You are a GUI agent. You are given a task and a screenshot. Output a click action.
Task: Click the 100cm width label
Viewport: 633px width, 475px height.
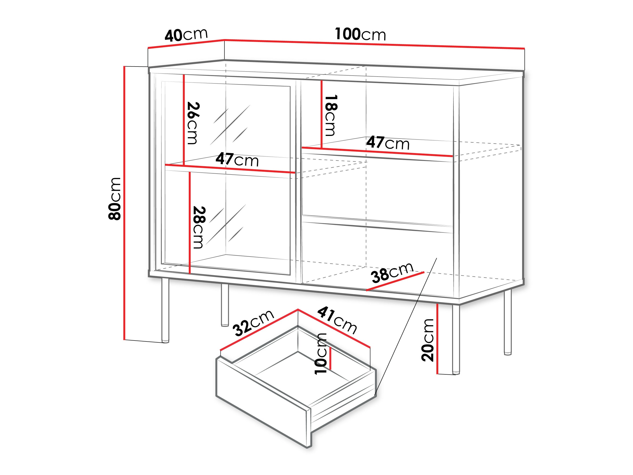[360, 34]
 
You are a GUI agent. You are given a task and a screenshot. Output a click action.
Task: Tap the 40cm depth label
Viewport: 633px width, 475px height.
[186, 35]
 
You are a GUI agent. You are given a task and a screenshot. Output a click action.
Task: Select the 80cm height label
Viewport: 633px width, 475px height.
[114, 198]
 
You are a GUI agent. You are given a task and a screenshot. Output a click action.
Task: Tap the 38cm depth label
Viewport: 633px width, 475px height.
[392, 272]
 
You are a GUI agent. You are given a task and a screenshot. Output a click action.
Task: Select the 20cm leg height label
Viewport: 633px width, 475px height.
[428, 340]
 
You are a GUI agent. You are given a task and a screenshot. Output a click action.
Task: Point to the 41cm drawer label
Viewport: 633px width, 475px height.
[337, 320]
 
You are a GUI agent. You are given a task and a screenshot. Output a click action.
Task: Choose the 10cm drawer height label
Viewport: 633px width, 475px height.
[321, 354]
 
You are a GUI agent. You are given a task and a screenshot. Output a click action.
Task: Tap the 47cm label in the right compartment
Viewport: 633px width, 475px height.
[388, 143]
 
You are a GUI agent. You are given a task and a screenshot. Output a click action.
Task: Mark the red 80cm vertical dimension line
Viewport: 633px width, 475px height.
[124, 203]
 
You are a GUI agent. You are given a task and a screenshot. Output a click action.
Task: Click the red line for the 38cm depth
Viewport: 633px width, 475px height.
[395, 281]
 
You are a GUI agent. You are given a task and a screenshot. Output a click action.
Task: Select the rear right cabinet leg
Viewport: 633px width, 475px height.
[507, 322]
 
